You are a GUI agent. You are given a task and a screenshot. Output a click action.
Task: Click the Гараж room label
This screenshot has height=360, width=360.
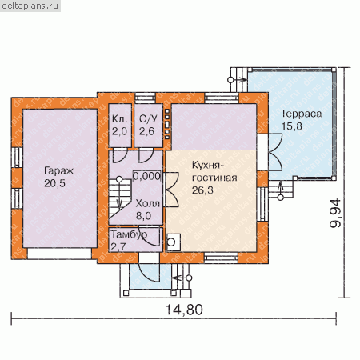[x=58, y=171]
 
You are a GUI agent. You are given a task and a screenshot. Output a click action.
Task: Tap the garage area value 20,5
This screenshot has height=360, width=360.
[x=55, y=183]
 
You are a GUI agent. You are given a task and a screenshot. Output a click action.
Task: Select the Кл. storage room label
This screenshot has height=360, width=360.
[x=119, y=118]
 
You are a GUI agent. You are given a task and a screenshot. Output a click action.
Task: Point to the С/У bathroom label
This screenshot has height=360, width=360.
[x=148, y=119]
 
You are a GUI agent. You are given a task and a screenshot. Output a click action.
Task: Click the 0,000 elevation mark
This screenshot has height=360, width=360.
[x=147, y=176]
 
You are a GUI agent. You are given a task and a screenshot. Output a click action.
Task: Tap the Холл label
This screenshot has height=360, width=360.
[x=148, y=203]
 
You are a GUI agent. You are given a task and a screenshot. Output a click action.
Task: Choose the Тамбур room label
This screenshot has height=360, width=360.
[x=129, y=234]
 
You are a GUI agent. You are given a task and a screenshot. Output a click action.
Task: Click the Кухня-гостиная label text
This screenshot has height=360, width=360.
[x=214, y=171]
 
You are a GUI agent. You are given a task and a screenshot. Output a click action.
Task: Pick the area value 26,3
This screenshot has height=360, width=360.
[x=202, y=190]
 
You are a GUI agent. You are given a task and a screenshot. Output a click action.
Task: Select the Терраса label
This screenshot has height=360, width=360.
[x=301, y=114]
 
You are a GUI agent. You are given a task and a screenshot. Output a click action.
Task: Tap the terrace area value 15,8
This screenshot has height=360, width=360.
[x=292, y=126]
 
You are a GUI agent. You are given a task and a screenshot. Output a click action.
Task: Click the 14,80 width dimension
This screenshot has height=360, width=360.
[x=184, y=310]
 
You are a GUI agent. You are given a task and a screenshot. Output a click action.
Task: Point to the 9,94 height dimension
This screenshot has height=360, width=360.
[x=335, y=213]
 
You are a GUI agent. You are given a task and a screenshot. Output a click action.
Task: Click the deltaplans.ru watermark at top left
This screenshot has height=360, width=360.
[x=30, y=6]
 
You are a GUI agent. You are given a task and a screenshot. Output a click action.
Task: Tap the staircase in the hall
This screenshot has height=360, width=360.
[x=119, y=198]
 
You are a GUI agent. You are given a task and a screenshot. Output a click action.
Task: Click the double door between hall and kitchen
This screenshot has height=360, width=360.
[x=171, y=190]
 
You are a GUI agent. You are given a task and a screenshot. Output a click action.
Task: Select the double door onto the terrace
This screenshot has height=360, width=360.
[x=275, y=152]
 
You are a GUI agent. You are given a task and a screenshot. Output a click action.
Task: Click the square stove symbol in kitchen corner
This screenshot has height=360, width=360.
[x=173, y=242]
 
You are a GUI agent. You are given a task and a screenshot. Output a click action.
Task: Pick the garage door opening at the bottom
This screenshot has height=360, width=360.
[x=59, y=254]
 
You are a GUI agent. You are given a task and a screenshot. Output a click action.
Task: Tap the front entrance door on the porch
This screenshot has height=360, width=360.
[x=149, y=268]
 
